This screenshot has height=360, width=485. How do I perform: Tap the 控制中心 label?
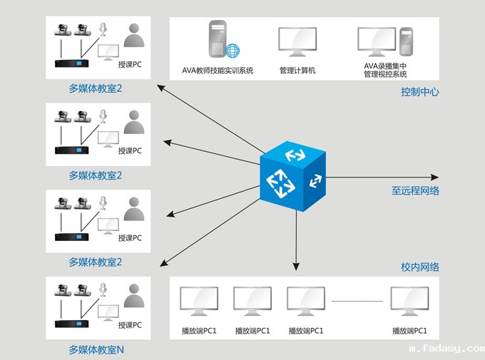(x=419, y=91)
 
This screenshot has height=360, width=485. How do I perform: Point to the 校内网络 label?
(x=420, y=267)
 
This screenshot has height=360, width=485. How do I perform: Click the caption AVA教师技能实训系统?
(x=218, y=71)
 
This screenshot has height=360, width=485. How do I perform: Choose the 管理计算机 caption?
(x=297, y=71)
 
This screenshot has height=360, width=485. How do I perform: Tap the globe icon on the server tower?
(x=233, y=51)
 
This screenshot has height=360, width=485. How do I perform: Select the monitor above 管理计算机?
(x=297, y=43)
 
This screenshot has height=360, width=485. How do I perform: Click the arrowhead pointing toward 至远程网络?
(x=433, y=177)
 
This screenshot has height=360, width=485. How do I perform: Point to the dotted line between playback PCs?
(x=357, y=302)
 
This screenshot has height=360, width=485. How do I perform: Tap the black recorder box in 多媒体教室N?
(x=75, y=324)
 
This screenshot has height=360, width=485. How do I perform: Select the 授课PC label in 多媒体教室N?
(x=130, y=325)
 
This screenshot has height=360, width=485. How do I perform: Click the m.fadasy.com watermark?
(x=446, y=349)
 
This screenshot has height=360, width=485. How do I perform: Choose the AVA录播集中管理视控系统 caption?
(x=385, y=70)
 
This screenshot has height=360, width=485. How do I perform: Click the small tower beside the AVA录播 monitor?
(x=406, y=43)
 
